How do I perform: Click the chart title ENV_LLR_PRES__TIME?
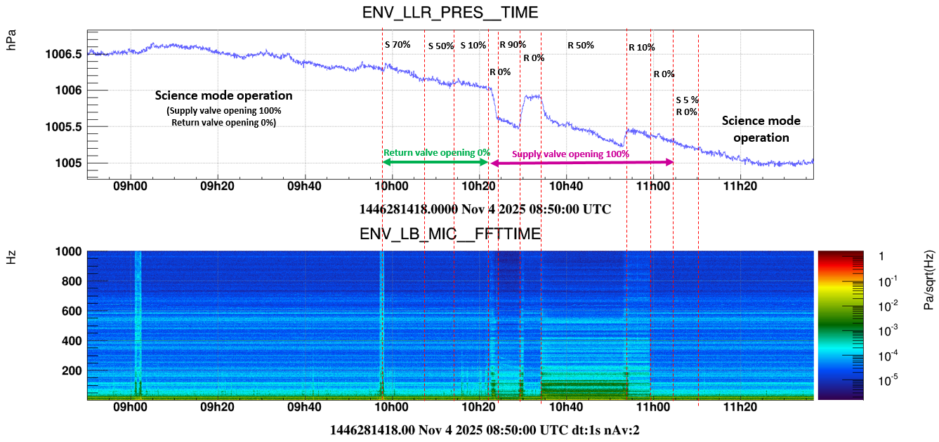[450, 13]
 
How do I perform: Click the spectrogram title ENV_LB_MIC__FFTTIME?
[450, 234]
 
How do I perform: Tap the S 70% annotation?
[398, 44]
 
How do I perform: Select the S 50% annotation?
[441, 46]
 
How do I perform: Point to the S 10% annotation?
[473, 46]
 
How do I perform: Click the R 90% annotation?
[513, 45]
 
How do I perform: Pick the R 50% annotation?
[581, 46]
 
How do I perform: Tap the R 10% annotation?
[641, 48]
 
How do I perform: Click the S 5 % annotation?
[687, 100]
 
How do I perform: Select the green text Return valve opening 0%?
[435, 152]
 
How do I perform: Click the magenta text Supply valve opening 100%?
[570, 154]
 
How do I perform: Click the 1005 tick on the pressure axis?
[70, 163]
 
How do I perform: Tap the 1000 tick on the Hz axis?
[69, 252]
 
